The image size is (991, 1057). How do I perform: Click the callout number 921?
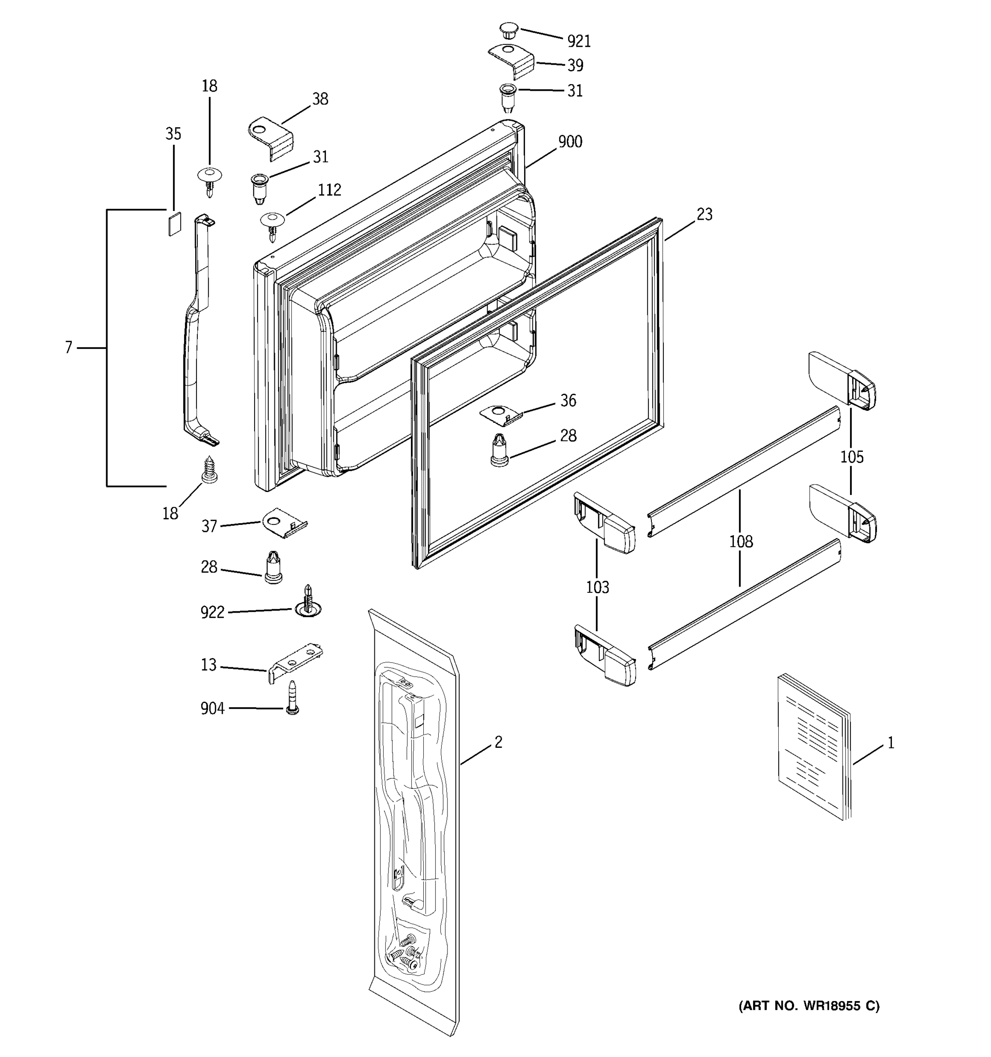click(x=578, y=41)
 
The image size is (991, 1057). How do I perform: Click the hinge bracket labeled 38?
click(x=272, y=138)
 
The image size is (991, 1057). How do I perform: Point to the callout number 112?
click(x=329, y=190)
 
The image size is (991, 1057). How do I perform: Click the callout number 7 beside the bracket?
click(x=69, y=348)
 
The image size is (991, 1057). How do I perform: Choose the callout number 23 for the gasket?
click(x=704, y=215)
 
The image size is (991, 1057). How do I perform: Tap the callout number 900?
click(x=570, y=142)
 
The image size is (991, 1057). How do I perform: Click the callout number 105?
click(x=852, y=457)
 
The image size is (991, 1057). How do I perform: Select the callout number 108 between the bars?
click(x=740, y=541)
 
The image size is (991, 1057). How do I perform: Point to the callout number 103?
click(x=597, y=588)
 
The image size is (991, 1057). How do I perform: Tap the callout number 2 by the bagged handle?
click(x=498, y=742)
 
